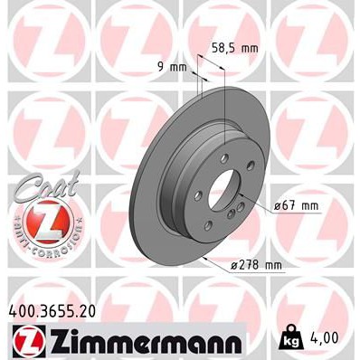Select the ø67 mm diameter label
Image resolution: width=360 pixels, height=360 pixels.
pos(298,205)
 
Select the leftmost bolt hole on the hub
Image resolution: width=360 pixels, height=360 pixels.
pos(198,196)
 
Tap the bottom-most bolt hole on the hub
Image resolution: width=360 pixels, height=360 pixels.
pos(207,225)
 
